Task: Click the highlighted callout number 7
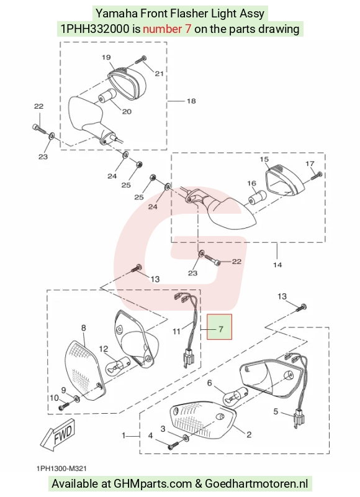click(221, 329)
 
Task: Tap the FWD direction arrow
click(58, 433)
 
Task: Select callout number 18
click(191, 101)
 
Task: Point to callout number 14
click(277, 265)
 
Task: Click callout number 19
click(106, 57)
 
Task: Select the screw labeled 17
click(317, 175)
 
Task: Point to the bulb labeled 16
click(257, 198)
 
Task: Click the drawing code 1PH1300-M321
click(61, 468)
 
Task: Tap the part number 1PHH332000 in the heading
click(95, 29)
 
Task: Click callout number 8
click(84, 328)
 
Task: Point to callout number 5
click(276, 411)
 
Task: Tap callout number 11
click(176, 332)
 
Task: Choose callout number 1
click(124, 436)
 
